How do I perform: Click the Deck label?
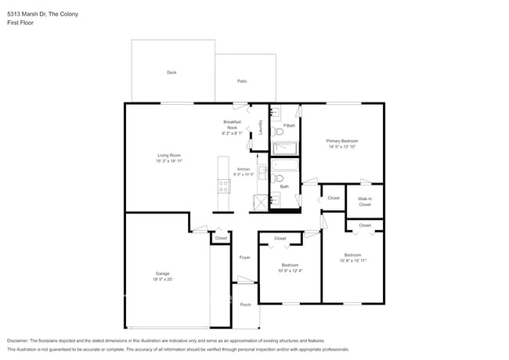coord(171,73)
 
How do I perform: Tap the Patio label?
coord(243,81)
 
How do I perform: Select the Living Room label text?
coord(170,155)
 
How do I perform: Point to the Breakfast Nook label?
coord(232,124)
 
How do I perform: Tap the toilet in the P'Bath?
coord(279,132)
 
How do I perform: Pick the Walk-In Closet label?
coord(365,201)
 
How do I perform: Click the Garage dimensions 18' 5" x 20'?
coord(162,279)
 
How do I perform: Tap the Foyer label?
coord(244,257)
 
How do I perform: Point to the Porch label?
coord(245,304)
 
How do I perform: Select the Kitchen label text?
coord(244,169)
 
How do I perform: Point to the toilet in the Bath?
coord(279,178)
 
